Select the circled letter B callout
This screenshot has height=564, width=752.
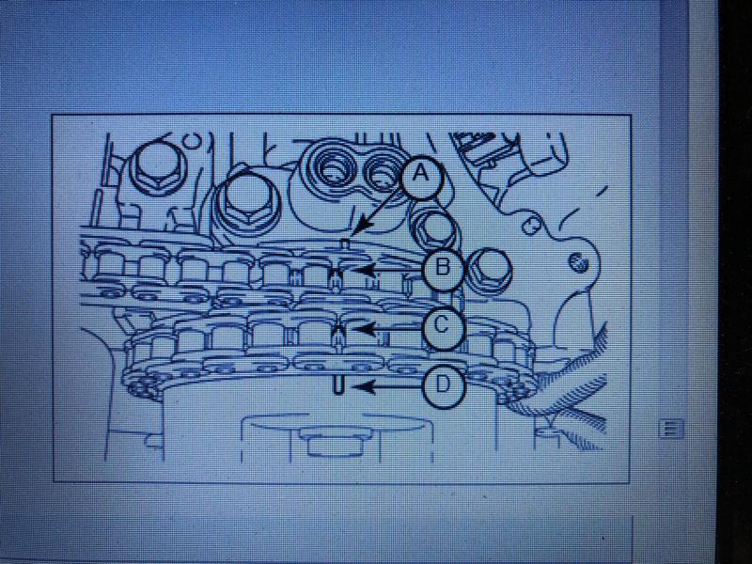pyautogui.click(x=442, y=269)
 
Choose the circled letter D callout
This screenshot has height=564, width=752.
pyautogui.click(x=442, y=386)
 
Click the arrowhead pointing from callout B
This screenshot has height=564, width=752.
pyautogui.click(x=362, y=270)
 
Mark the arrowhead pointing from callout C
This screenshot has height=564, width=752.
pyautogui.click(x=363, y=329)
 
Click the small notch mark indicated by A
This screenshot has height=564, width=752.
pyautogui.click(x=343, y=244)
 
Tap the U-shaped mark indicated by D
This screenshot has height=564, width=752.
pyautogui.click(x=338, y=386)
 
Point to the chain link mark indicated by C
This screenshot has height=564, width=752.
pyautogui.click(x=339, y=337)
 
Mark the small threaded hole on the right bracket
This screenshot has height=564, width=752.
pyautogui.click(x=576, y=262)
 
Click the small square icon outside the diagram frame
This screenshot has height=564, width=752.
pyautogui.click(x=670, y=428)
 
